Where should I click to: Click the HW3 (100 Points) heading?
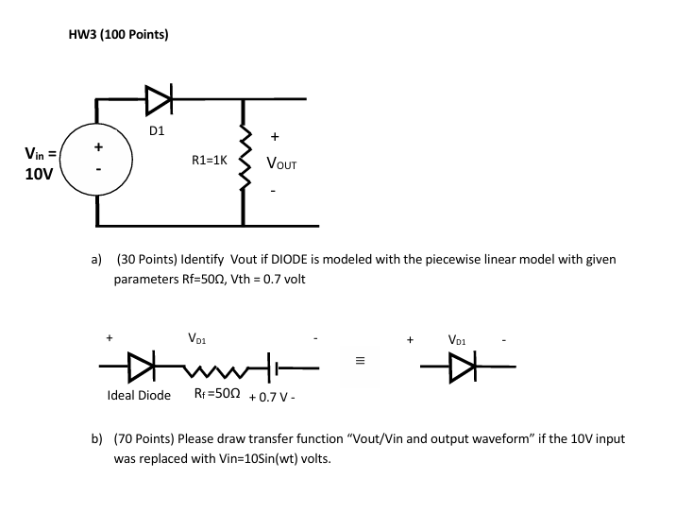pos(119,35)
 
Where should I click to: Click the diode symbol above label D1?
pos(158,96)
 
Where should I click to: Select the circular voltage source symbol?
pos(98,162)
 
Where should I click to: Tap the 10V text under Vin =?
pos(39,175)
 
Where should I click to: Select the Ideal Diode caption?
pos(139,394)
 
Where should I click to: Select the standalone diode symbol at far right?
pos(457,363)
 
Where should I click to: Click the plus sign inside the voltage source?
pos(98,147)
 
